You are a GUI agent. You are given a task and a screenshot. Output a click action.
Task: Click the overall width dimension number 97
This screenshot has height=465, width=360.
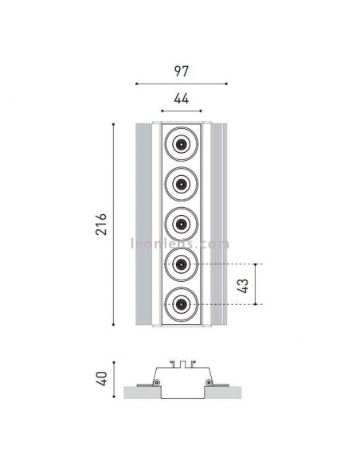181,72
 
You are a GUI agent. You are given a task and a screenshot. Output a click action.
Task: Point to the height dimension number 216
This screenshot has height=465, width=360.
101,224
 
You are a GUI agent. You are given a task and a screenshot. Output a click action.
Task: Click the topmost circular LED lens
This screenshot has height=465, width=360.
181,146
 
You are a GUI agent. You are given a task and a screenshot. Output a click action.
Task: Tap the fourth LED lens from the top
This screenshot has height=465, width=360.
181,264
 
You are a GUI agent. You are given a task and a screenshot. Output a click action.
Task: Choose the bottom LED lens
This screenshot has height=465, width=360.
181,303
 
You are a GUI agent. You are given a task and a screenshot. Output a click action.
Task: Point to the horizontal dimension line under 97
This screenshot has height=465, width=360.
181,82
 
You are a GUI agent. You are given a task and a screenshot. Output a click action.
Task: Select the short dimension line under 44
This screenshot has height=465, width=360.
181,111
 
